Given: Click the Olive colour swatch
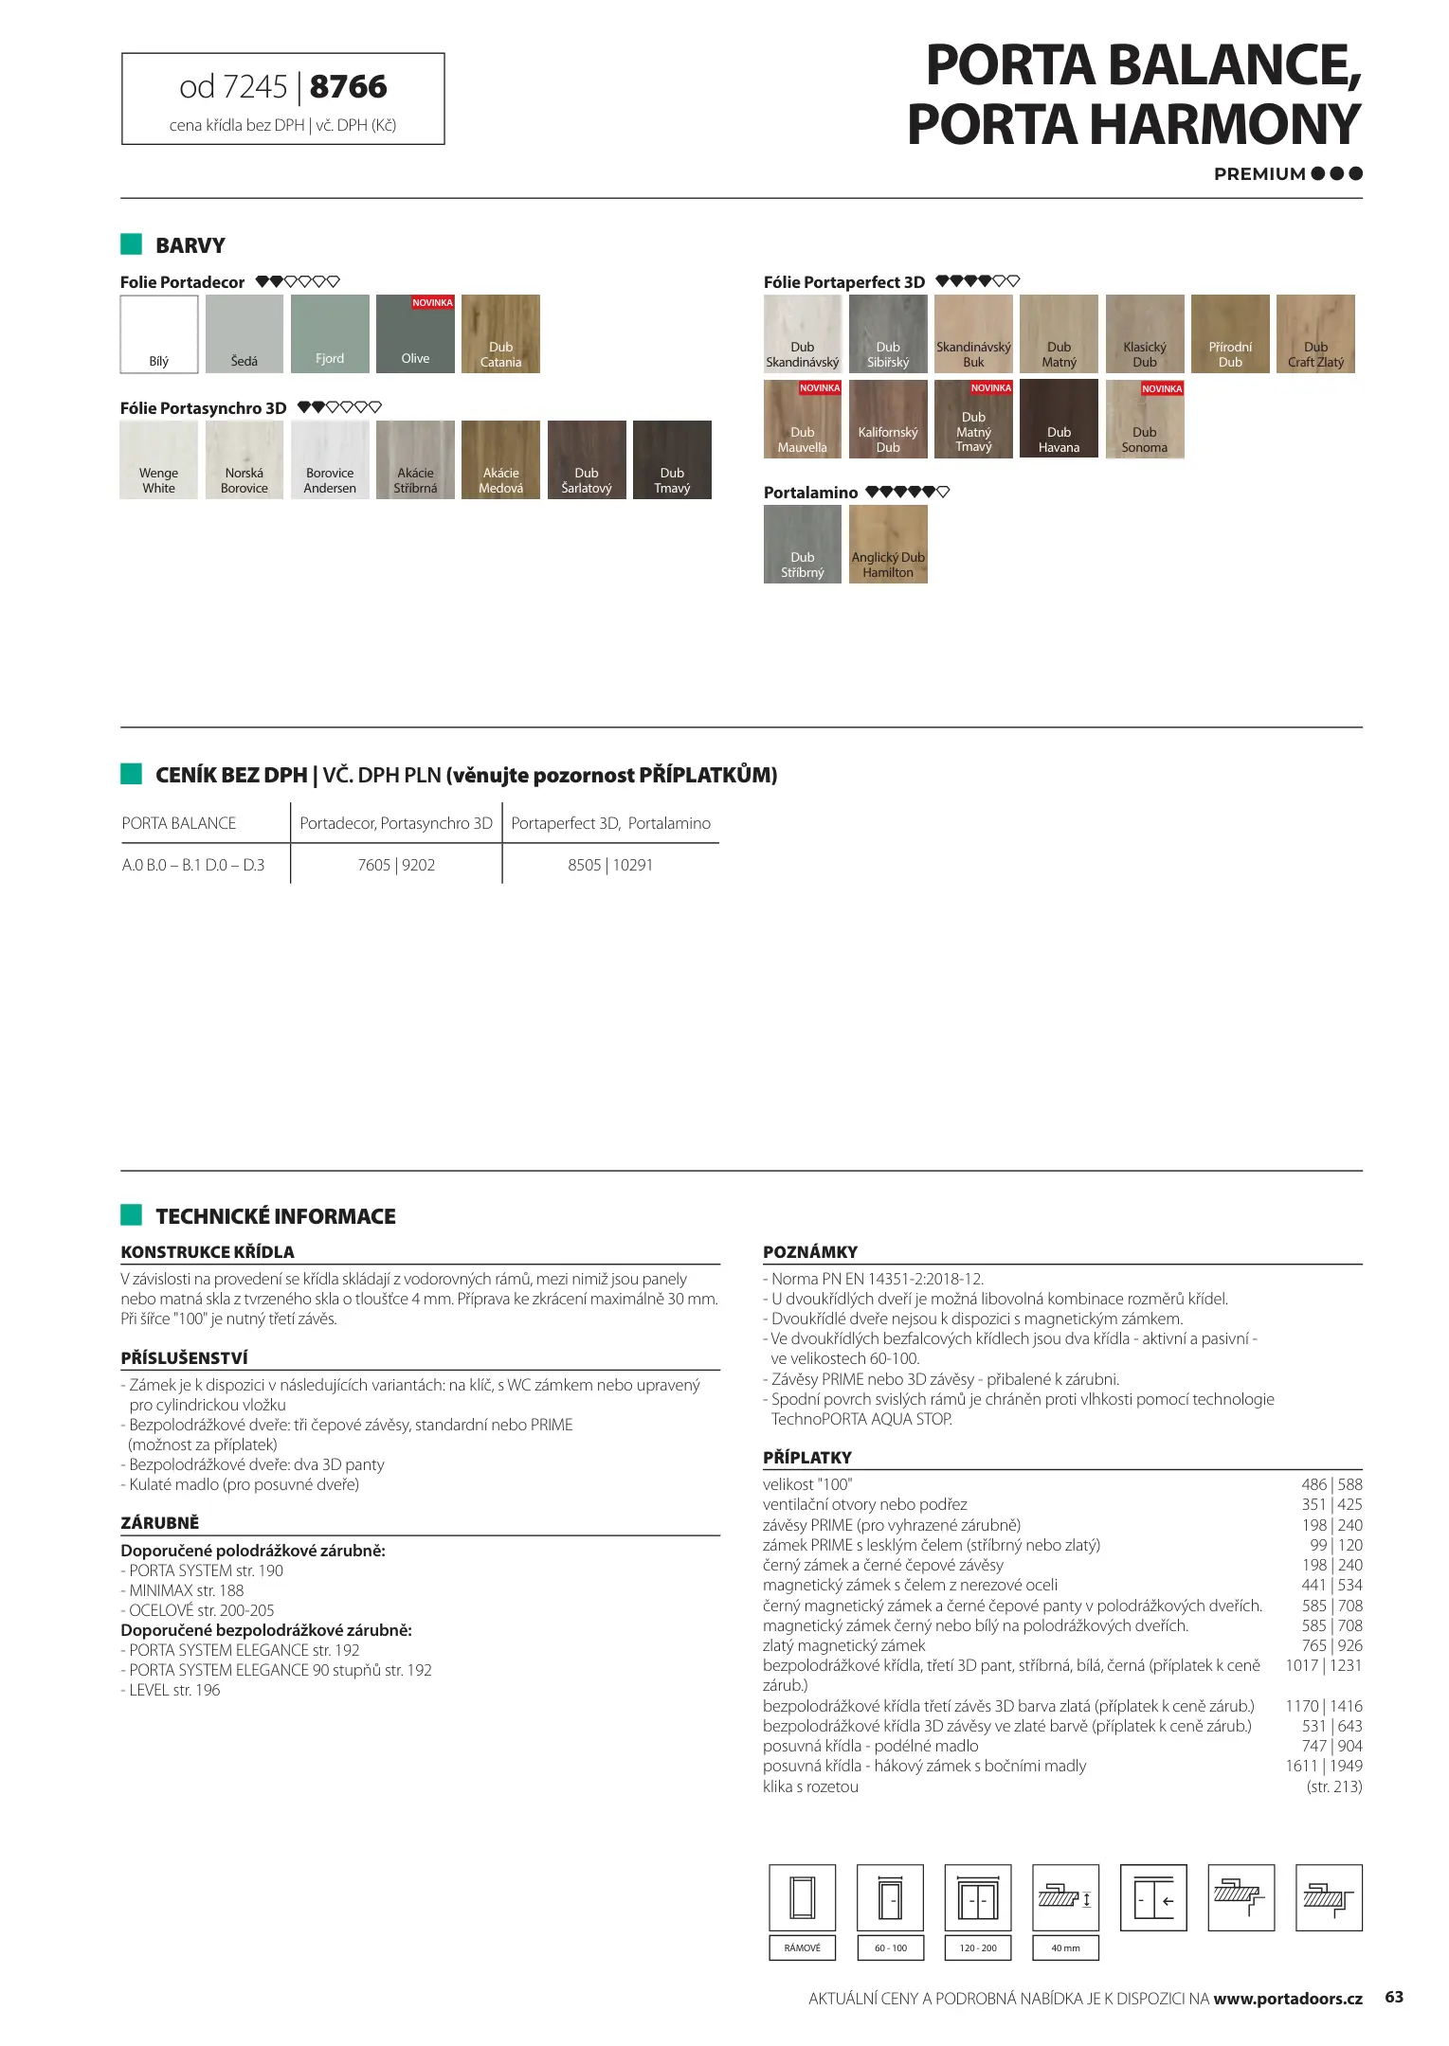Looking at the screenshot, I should [415, 333].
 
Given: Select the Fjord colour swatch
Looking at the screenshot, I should [330, 333].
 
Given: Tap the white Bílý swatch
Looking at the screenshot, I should [159, 333].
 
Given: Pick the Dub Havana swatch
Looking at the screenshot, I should [1059, 419].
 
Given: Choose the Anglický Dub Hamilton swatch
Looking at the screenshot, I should [888, 544].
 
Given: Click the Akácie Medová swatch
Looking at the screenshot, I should [500, 459].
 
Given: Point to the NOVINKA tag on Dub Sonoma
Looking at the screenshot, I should [1162, 389].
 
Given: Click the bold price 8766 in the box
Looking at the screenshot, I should [348, 87].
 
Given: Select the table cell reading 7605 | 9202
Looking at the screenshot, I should [396, 865].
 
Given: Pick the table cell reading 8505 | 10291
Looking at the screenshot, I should [610, 865].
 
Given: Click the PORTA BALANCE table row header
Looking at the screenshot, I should [179, 823].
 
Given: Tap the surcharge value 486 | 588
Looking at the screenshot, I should [1331, 1484].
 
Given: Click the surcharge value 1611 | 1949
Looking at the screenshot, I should [1324, 1766].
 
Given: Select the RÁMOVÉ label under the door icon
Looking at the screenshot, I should [803, 1947].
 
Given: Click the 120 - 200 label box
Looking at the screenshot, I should [978, 1947].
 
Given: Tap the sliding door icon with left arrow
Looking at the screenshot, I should [1153, 1897].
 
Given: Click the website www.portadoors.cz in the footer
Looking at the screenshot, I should [1288, 1999].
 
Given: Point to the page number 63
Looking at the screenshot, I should [1394, 1997].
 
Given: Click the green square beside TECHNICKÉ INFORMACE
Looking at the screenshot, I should [131, 1214].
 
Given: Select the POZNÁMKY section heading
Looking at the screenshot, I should [810, 1251].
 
